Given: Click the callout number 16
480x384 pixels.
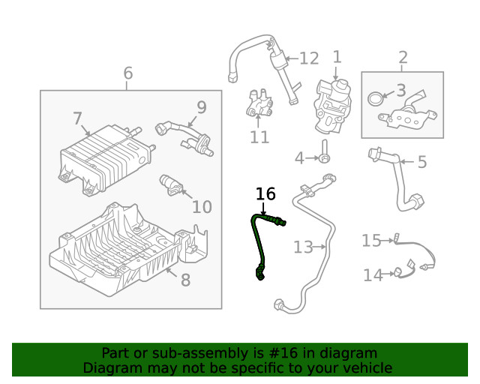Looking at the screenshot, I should pos(265,194).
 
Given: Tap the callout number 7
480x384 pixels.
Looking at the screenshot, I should pos(77,118).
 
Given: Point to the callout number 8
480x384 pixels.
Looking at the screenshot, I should pos(185,280).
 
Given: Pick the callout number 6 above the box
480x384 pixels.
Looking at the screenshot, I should pos(127,73).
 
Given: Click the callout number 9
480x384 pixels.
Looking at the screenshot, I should pos(201,106).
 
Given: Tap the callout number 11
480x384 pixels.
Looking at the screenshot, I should pos(259,137).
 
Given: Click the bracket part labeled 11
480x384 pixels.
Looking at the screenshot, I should pos(258,104).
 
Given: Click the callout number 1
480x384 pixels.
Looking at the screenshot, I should pos(337,56).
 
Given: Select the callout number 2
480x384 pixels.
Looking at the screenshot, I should pos(403,57).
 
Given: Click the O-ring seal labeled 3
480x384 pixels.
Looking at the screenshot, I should pos(373,97).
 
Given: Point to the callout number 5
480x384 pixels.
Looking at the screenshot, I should pos(421,161).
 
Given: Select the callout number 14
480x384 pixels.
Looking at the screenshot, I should pos(373,275).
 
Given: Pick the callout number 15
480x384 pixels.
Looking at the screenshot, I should pos(371,240).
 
